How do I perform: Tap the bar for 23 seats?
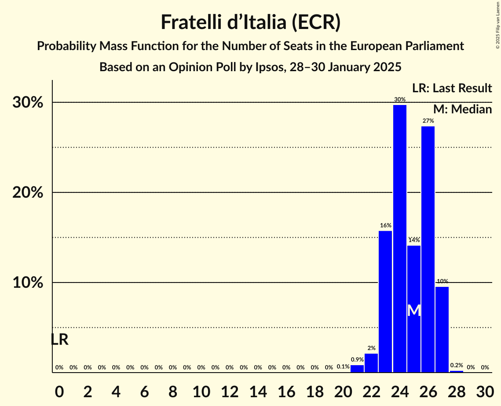[385, 301]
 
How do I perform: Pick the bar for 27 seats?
[442, 330]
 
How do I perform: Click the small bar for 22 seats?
[371, 363]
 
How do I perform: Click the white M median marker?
[413, 311]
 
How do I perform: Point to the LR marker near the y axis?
[59, 340]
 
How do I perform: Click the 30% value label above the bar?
[399, 99]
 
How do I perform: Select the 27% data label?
[428, 121]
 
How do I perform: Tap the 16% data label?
[385, 225]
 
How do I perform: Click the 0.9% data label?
[357, 359]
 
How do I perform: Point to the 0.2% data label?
[456, 365]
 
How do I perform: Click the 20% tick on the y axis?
[28, 193]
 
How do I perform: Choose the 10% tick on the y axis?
[28, 283]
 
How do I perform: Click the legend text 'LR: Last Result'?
[452, 88]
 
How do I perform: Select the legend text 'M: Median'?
[462, 109]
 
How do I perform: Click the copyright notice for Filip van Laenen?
[497, 24]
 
